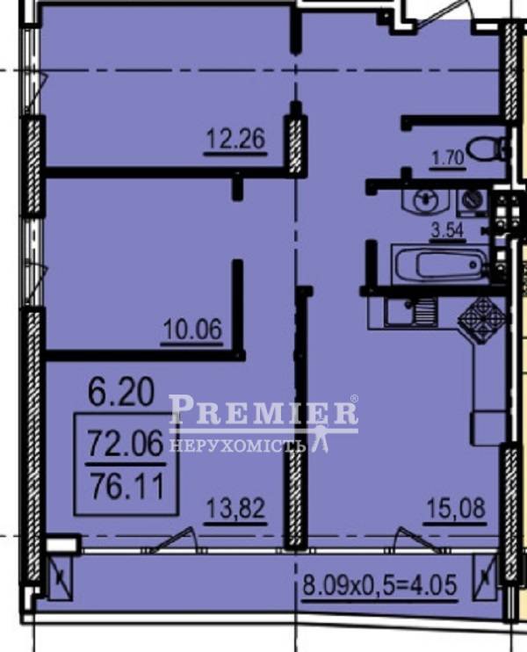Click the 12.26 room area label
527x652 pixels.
235,139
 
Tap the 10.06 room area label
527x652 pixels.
193,330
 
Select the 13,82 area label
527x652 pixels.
235,509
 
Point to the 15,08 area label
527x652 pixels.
456,509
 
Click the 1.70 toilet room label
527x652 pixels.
448,158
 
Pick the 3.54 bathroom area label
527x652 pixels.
447,231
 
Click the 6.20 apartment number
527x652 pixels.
121,392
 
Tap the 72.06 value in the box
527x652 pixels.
126,443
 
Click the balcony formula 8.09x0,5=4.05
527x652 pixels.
379,584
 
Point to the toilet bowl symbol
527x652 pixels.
487,149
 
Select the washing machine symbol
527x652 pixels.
473,201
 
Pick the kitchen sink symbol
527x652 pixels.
410,311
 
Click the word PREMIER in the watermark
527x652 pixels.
263,409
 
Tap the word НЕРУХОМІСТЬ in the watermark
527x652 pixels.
238,446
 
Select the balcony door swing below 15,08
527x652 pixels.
418,540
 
